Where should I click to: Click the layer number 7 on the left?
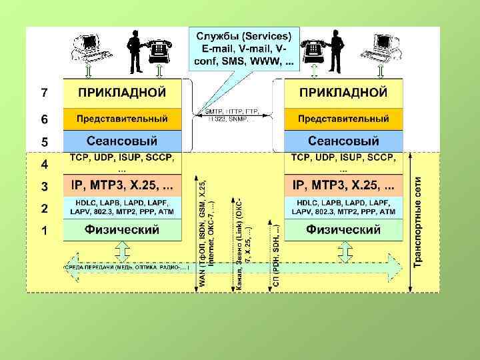(x=44, y=91)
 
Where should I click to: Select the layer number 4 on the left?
(x=44, y=163)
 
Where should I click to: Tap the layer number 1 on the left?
(x=44, y=231)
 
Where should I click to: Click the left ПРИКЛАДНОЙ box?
(x=122, y=92)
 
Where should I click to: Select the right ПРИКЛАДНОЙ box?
(x=343, y=92)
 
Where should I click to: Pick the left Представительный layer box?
(x=122, y=119)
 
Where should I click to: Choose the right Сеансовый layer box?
(x=343, y=141)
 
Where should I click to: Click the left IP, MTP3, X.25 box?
(x=122, y=183)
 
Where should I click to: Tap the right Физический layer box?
(x=343, y=230)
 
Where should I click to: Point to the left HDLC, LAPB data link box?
(x=122, y=207)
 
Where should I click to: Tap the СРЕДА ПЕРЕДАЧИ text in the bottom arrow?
(x=127, y=268)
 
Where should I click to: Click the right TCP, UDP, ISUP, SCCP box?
(x=343, y=163)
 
